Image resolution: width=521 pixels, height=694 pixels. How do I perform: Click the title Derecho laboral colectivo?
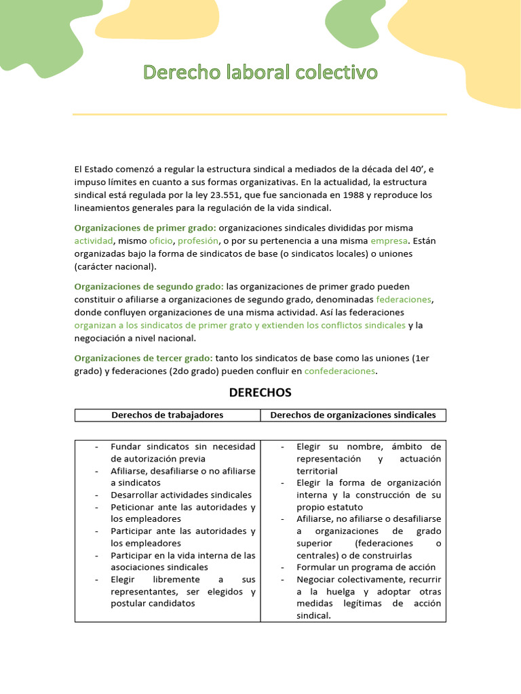coord(260,73)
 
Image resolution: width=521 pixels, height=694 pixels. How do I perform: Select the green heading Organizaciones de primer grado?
coord(145,228)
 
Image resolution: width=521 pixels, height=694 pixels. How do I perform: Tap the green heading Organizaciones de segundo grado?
coord(149,287)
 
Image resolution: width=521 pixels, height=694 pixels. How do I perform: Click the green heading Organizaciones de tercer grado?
coord(143,358)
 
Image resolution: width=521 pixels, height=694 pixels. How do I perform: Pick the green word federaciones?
coord(404,300)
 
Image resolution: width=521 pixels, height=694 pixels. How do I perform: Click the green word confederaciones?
coord(339,371)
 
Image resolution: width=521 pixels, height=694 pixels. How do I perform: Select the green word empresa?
coord(389,241)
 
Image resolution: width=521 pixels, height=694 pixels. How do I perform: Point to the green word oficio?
coord(161,241)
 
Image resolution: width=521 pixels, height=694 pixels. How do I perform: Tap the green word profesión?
coord(198,241)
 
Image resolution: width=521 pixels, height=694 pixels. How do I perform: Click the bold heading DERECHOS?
coord(260,392)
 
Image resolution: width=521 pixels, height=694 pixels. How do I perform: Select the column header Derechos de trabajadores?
coord(167,415)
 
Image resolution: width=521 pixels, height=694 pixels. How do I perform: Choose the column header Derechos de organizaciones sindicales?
coord(353,415)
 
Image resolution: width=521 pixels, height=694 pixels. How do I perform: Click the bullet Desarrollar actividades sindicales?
coord(181,495)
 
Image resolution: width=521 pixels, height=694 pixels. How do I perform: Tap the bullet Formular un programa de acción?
coord(366,567)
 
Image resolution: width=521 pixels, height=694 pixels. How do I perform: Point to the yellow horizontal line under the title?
coord(260,115)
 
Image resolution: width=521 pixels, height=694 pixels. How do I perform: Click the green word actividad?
coord(94,241)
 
